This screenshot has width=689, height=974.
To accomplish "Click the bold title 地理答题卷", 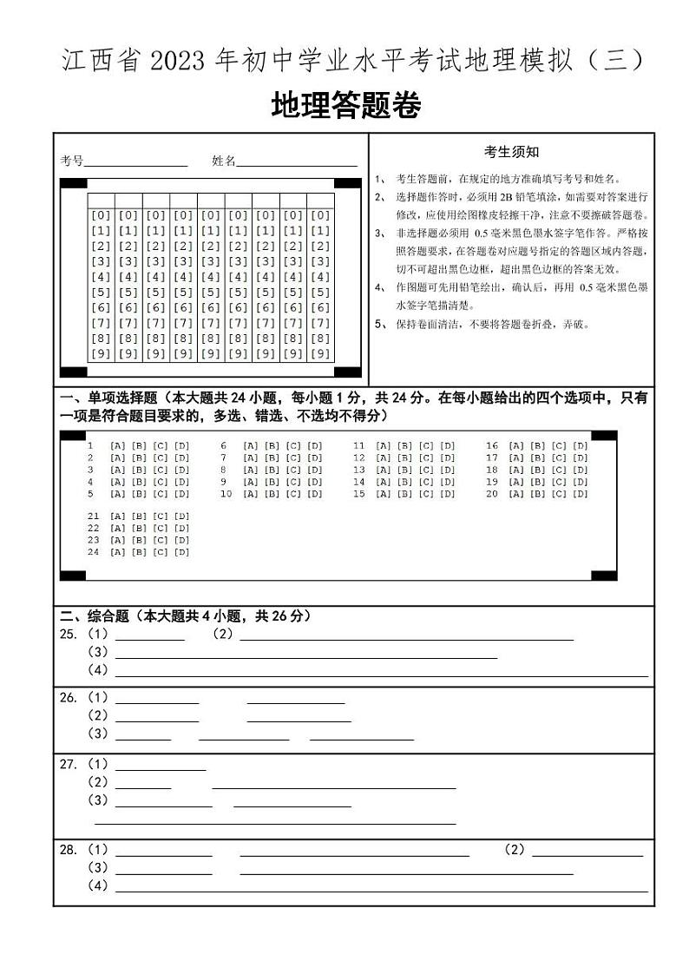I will click(x=345, y=106).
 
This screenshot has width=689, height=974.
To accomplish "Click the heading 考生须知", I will click(x=511, y=152).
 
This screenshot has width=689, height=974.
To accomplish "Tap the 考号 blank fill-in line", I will click(x=135, y=164).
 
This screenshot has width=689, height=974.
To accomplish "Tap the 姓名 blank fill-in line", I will click(x=297, y=164).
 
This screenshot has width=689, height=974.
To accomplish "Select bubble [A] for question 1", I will click(x=117, y=446).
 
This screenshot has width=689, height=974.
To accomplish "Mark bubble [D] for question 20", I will click(x=581, y=494).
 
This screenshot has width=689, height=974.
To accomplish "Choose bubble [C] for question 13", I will click(x=426, y=470).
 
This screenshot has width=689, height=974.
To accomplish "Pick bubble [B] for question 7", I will click(x=271, y=457).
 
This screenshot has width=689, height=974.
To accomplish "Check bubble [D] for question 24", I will click(x=181, y=552).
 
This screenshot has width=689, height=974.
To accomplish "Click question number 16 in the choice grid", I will click(x=492, y=446).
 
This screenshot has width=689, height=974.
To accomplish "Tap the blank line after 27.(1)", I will click(x=161, y=769).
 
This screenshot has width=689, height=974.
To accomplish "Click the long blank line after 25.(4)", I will click(x=382, y=675).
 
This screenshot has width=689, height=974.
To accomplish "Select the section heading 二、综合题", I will click(x=95, y=616).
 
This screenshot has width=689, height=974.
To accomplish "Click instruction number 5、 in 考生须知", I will click(x=380, y=325).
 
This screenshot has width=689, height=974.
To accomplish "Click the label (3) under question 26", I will click(x=98, y=734).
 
